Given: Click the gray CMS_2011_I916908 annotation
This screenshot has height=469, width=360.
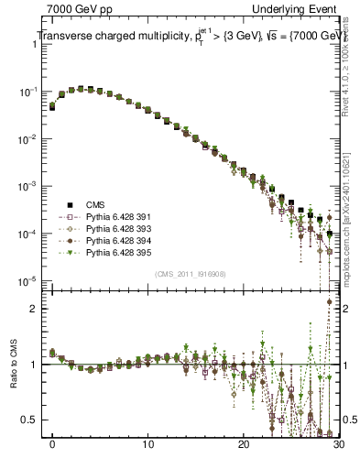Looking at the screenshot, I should [x=195, y=273].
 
